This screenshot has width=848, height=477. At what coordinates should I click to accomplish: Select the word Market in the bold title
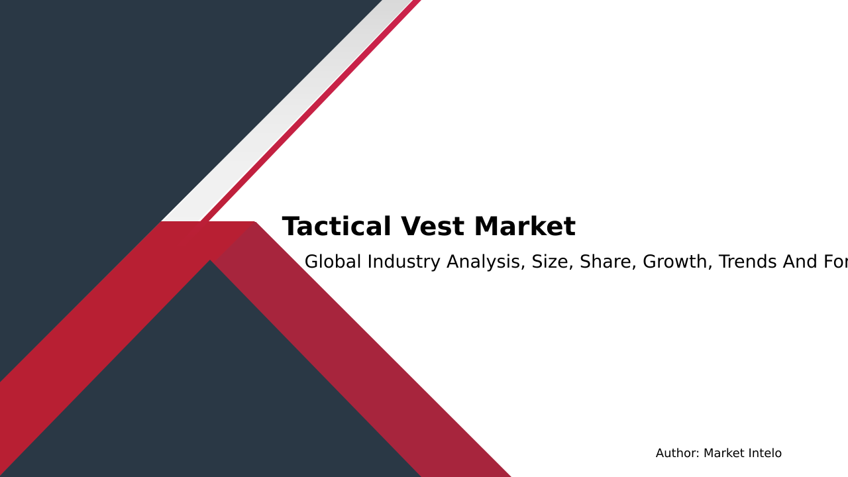(x=525, y=227)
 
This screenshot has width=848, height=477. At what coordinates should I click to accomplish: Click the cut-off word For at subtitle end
(x=836, y=262)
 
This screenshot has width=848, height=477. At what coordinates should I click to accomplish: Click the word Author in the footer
(x=677, y=454)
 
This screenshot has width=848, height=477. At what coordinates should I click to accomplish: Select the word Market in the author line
(x=725, y=454)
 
